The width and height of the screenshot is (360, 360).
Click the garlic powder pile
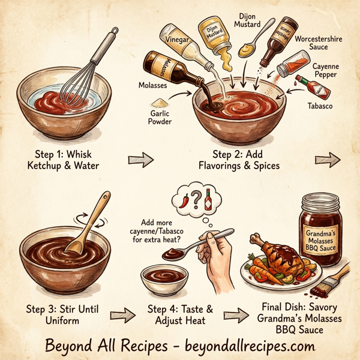click(161, 104)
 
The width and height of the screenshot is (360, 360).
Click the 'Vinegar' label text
click(178, 41)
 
